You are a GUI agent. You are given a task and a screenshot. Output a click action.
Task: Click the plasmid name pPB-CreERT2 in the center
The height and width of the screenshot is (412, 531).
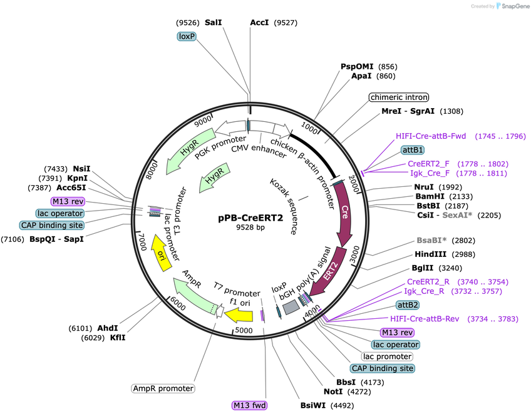click(x=250, y=218)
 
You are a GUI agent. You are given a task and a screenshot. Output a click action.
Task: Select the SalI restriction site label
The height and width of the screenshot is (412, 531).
click(x=214, y=23)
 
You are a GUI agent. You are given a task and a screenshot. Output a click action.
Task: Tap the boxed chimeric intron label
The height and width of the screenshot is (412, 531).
click(x=399, y=98)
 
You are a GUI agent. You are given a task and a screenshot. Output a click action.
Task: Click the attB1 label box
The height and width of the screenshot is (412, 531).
click(x=413, y=149)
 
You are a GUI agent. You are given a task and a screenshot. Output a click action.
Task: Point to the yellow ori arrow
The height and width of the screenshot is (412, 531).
click(x=162, y=253)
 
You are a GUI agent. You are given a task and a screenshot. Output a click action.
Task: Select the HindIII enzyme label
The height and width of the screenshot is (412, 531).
click(x=430, y=254)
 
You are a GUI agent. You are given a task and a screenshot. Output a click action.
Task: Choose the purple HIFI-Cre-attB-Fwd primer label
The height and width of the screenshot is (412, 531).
click(x=431, y=136)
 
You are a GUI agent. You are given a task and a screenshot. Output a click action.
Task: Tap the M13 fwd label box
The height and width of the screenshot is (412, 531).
click(x=250, y=405)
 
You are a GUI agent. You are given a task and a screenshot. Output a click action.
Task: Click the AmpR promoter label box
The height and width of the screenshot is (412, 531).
click(x=163, y=388)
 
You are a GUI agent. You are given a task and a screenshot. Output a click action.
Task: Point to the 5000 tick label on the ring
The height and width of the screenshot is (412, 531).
click(x=244, y=330)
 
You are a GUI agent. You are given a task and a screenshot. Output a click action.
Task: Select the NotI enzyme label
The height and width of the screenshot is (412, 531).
click(x=333, y=392)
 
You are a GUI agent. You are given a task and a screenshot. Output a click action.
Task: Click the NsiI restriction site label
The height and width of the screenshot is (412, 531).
click(x=81, y=169)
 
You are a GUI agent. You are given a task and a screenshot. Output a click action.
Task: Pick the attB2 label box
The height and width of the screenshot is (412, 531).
click(x=408, y=305)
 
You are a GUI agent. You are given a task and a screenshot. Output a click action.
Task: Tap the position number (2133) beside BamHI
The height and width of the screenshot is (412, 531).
click(x=461, y=196)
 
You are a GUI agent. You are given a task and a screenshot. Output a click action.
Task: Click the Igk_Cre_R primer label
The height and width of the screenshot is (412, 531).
click(x=424, y=291)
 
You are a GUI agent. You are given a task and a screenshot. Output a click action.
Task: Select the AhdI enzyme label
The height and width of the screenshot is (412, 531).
click(x=108, y=328)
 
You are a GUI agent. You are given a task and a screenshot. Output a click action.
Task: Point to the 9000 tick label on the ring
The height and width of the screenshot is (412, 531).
click(x=203, y=121)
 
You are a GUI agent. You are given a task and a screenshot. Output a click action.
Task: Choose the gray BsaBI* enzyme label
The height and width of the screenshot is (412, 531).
click(x=431, y=240)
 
